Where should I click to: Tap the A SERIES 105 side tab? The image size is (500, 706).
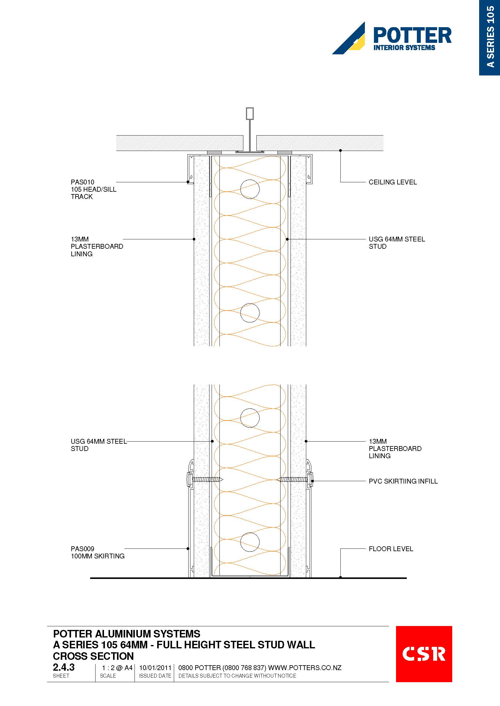coord(489,37)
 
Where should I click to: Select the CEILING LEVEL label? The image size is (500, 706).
coord(393,182)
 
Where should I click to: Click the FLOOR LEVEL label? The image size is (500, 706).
coord(391,549)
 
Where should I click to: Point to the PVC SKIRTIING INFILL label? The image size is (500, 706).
coord(403,481)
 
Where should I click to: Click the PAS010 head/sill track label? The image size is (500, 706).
coord(94,190)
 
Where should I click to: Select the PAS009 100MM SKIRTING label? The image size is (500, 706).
coord(98,552)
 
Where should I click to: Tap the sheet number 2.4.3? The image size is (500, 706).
coord(64,667)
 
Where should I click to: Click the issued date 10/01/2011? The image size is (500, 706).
coord(155,668)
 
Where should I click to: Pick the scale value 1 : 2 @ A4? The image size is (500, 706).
coord(117,668)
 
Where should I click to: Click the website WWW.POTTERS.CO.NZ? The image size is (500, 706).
coord(305,668)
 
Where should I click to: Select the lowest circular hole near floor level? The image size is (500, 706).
coord(250,542)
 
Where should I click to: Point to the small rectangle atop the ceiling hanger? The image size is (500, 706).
coord(250,113)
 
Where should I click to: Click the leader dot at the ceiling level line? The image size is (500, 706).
coord(340,150)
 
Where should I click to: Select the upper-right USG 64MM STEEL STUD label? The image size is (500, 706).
coord(397,243)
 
